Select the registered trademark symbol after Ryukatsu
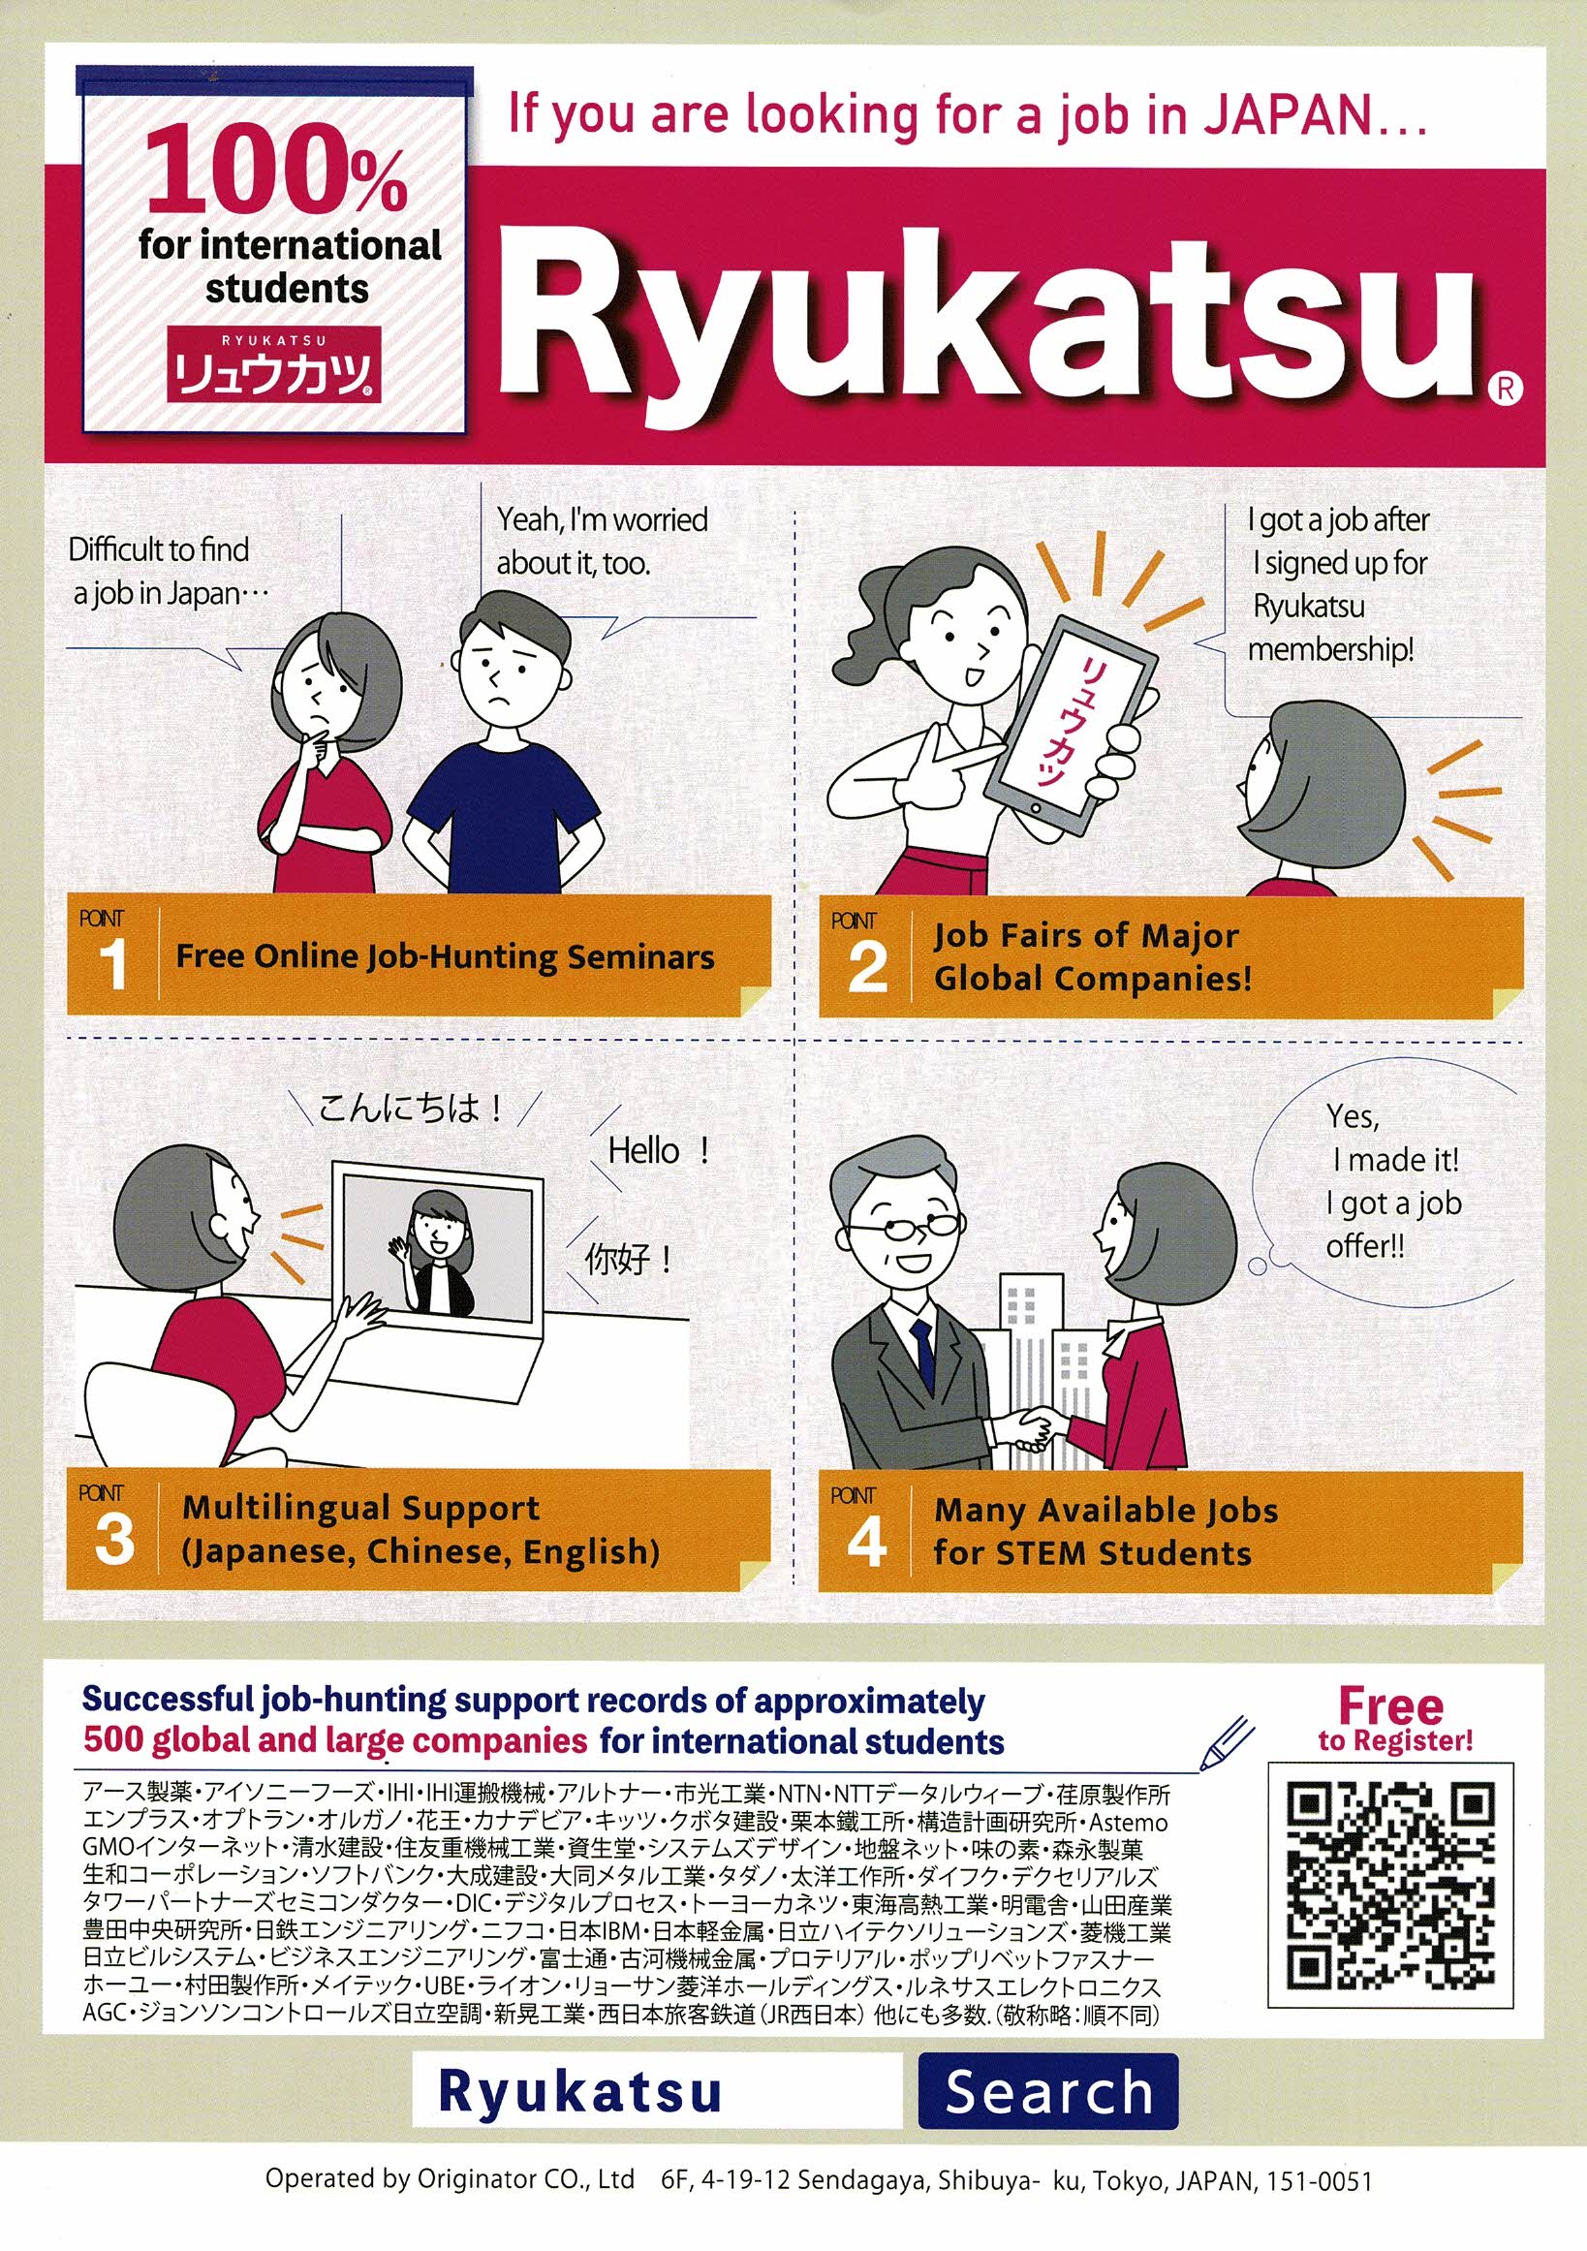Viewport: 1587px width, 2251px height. coord(1506,390)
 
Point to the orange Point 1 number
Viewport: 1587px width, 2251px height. coord(113,965)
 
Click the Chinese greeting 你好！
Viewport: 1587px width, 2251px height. coord(629,1258)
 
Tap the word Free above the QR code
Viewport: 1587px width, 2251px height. coord(1391,1706)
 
